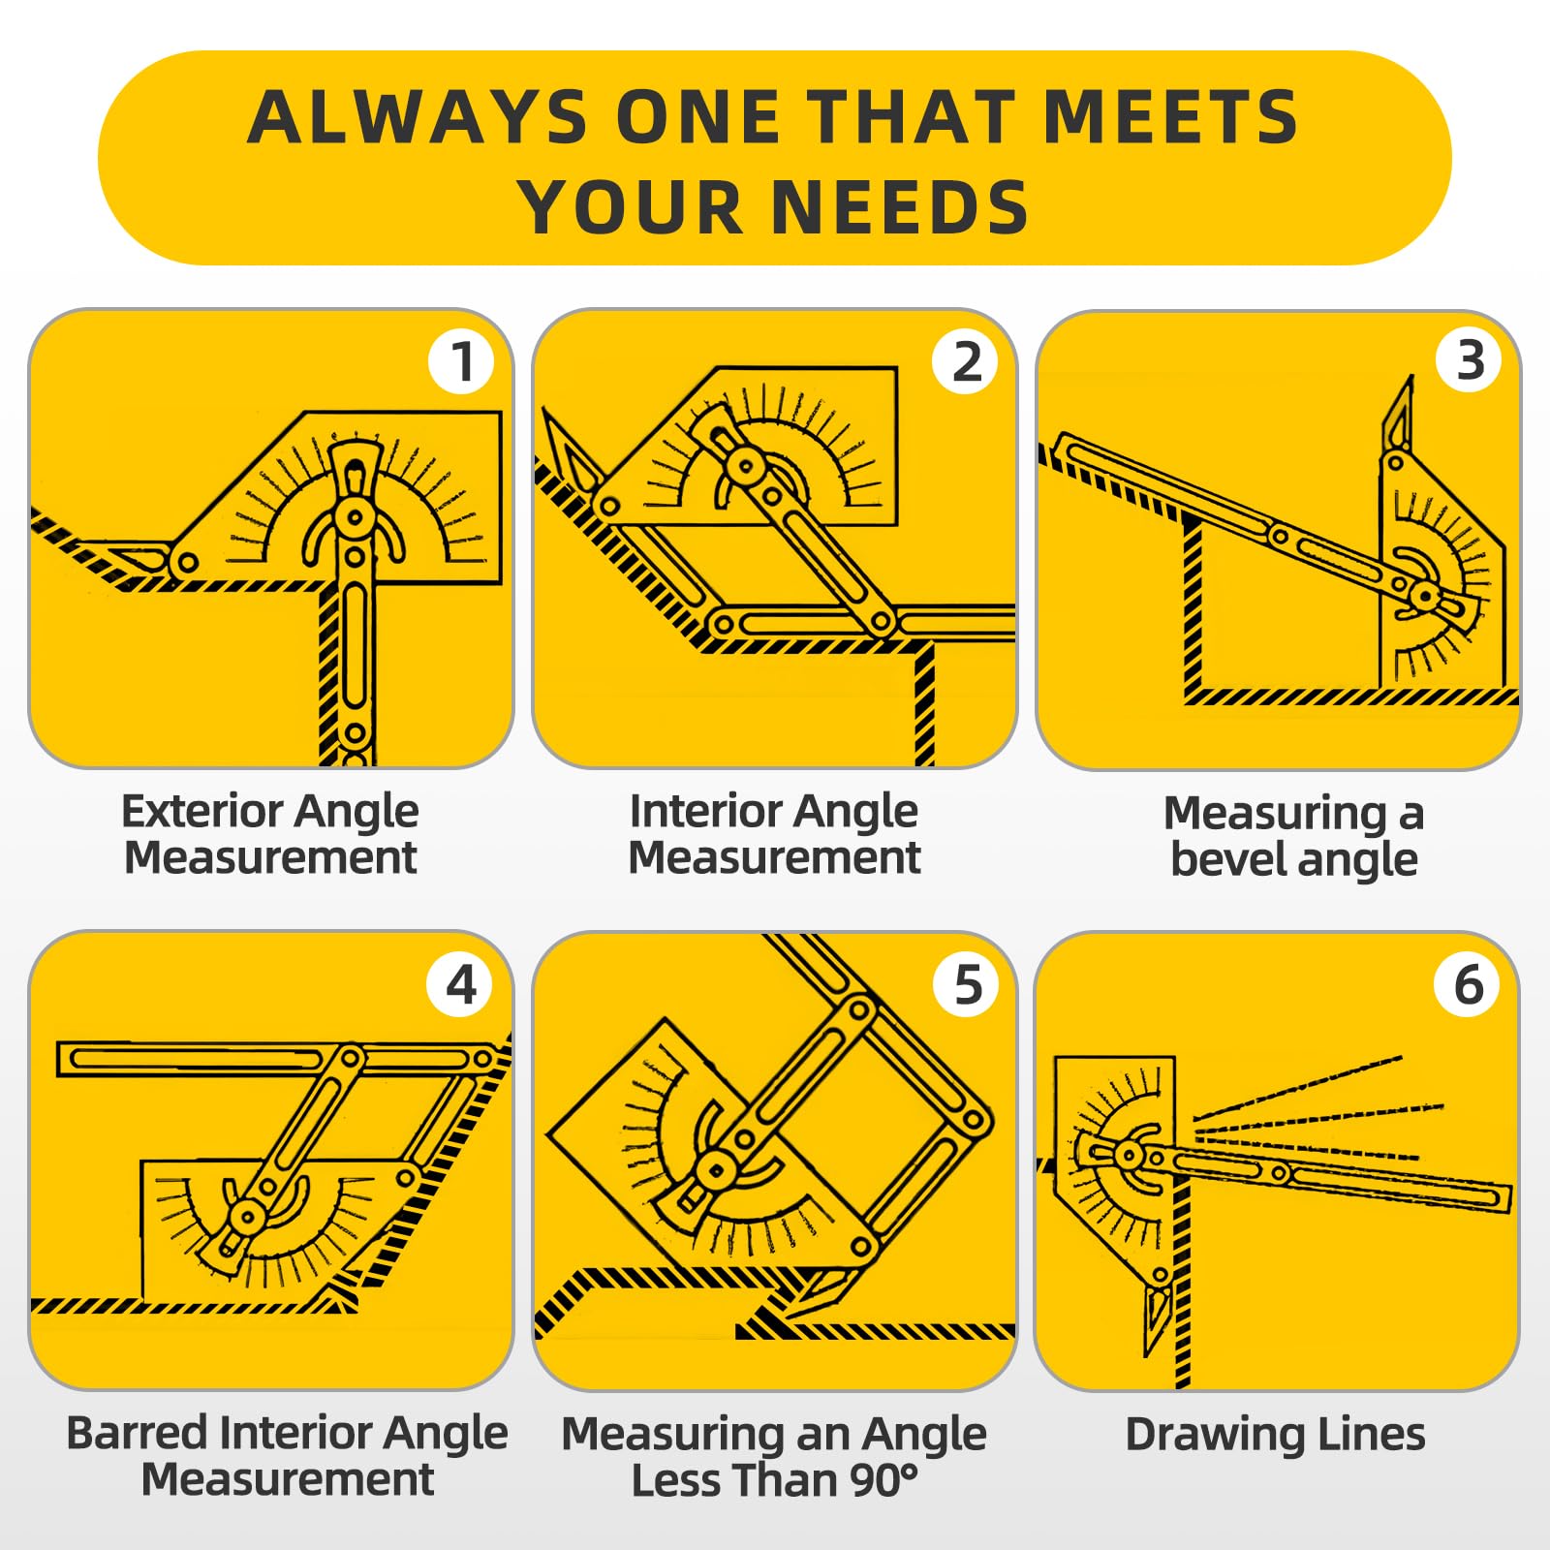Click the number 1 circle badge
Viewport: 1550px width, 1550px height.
(461, 361)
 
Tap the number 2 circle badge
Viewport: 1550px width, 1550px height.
(965, 361)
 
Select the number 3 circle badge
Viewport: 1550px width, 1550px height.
(1469, 359)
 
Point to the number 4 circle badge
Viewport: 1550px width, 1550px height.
(461, 984)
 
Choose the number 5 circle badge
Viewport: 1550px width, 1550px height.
(966, 984)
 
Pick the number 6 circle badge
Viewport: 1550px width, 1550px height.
(1469, 983)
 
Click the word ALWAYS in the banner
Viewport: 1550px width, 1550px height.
(417, 117)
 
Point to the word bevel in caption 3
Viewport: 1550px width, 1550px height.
(1226, 860)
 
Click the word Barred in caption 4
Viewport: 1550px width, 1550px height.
(136, 1433)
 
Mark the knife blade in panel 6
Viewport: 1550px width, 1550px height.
(1157, 1317)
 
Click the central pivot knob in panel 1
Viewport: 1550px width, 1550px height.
(355, 516)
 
